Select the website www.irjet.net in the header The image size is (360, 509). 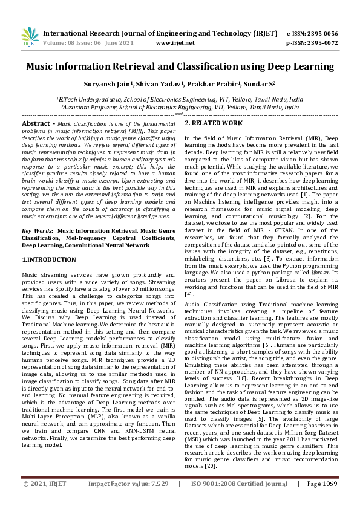[175, 44]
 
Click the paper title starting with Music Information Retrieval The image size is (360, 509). [180, 66]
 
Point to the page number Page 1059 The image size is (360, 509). [321, 501]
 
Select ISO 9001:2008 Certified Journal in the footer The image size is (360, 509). [240, 501]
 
